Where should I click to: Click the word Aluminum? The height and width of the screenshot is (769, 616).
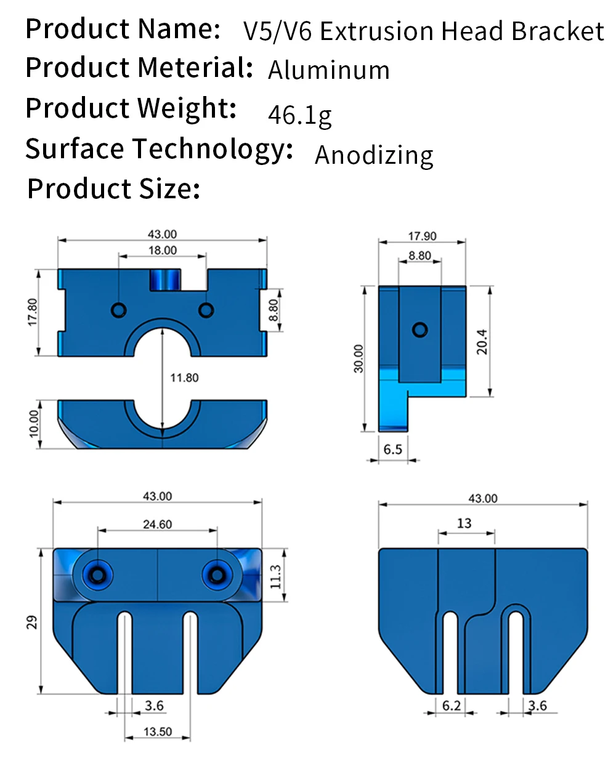pyautogui.click(x=329, y=70)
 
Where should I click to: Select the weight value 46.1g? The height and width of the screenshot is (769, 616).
pyautogui.click(x=300, y=115)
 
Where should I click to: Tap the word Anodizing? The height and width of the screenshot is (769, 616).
pyautogui.click(x=374, y=155)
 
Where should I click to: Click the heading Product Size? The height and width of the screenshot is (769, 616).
pyautogui.click(x=114, y=188)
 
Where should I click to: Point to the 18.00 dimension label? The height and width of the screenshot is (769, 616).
pyautogui.click(x=163, y=251)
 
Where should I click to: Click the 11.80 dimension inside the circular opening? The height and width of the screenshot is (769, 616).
pyautogui.click(x=184, y=377)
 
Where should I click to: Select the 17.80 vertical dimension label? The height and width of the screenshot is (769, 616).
pyautogui.click(x=33, y=312)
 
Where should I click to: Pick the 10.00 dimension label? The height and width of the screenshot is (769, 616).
pyautogui.click(x=34, y=424)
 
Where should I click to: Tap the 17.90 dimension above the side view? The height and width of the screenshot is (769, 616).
pyautogui.click(x=422, y=236)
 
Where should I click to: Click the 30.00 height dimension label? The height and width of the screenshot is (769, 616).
pyautogui.click(x=359, y=358)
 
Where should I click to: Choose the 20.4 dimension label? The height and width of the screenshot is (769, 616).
pyautogui.click(x=482, y=342)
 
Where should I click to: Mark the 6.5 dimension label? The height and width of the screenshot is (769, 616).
pyautogui.click(x=392, y=449)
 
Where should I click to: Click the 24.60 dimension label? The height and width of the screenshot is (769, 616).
pyautogui.click(x=158, y=525)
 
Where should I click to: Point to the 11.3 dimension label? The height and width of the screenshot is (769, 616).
pyautogui.click(x=275, y=576)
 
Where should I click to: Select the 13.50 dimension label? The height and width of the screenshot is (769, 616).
pyautogui.click(x=158, y=731)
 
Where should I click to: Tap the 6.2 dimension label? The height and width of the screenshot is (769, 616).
pyautogui.click(x=452, y=706)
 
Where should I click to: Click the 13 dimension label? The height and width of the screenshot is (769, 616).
pyautogui.click(x=464, y=523)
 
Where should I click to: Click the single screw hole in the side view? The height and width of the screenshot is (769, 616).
pyautogui.click(x=420, y=329)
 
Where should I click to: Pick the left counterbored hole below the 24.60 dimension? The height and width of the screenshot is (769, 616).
pyautogui.click(x=97, y=575)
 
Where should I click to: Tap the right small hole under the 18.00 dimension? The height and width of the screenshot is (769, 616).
pyautogui.click(x=206, y=309)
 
